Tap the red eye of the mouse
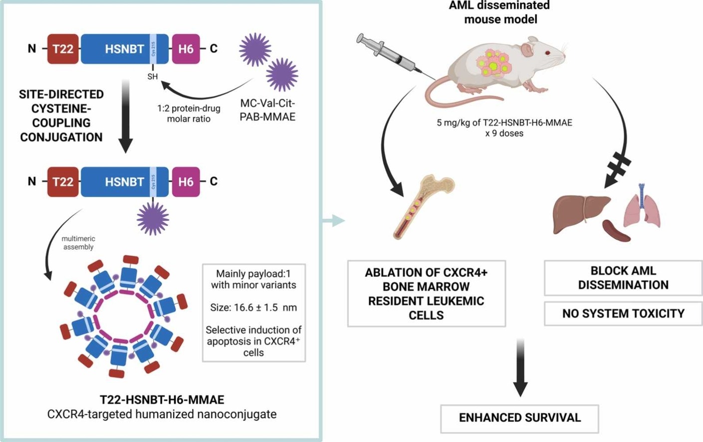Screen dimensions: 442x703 pyautogui.click(x=547, y=52)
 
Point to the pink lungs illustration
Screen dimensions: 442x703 pyautogui.click(x=642, y=207)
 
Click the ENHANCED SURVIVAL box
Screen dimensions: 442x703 pyautogui.click(x=519, y=418)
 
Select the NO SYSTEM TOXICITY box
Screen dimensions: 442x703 pyautogui.click(x=623, y=314)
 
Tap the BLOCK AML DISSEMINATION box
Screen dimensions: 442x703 pyautogui.click(x=623, y=278)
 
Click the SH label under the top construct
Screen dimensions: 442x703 pyautogui.click(x=152, y=76)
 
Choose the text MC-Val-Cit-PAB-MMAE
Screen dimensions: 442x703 pyautogui.click(x=267, y=110)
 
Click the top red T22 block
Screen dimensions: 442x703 pyautogui.click(x=63, y=49)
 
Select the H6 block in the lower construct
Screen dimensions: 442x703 pyautogui.click(x=186, y=182)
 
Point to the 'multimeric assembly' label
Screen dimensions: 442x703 pyautogui.click(x=78, y=243)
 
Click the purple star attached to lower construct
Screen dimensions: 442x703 pyautogui.click(x=153, y=219)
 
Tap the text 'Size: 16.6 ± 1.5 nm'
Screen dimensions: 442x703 pyautogui.click(x=253, y=307)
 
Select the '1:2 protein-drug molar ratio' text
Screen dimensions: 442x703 pyautogui.click(x=189, y=114)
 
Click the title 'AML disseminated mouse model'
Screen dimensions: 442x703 pyautogui.click(x=500, y=12)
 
